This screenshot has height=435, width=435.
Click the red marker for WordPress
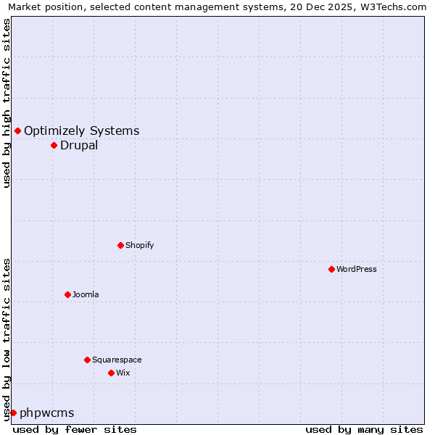click(x=331, y=269)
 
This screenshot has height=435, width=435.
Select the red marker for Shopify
click(x=120, y=245)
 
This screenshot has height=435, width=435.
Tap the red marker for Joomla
click(x=67, y=294)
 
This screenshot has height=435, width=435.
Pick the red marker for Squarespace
click(x=87, y=360)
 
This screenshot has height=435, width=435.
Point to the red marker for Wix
click(x=111, y=373)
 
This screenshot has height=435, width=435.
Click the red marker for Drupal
click(x=54, y=145)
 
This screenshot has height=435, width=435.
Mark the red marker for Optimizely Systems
click(x=17, y=130)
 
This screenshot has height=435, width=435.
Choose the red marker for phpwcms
click(x=13, y=413)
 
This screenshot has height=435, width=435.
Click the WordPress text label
click(x=357, y=269)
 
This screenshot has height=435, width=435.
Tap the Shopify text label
click(x=140, y=245)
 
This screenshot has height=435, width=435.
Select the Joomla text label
click(x=86, y=294)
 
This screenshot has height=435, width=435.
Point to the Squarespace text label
click(x=117, y=360)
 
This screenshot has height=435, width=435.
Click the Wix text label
click(x=123, y=373)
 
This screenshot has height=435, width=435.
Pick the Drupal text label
click(x=79, y=145)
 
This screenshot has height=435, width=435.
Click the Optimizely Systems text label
click(x=82, y=130)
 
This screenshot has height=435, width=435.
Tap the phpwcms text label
click(x=47, y=413)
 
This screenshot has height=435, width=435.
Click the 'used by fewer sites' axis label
click(x=75, y=429)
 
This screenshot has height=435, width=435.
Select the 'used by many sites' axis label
click(x=364, y=429)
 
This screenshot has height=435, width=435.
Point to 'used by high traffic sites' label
click(x=7, y=103)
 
